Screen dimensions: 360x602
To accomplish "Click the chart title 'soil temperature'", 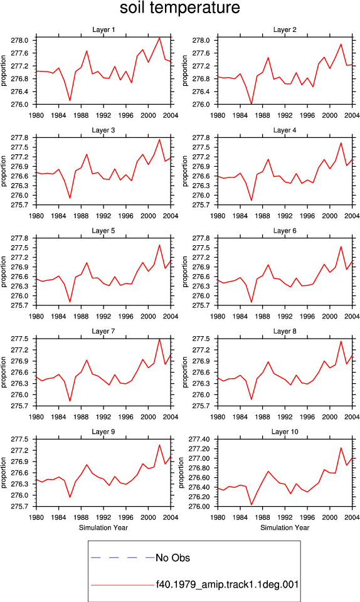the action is click(x=179, y=8).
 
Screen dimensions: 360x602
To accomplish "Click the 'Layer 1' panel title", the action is click(x=103, y=29).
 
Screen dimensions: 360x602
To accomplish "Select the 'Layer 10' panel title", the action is click(x=285, y=431).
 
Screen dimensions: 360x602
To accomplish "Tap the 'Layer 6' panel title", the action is click(x=285, y=230).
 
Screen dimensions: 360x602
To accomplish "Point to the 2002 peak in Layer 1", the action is click(x=160, y=38).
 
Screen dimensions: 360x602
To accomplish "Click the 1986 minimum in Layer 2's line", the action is click(x=251, y=103).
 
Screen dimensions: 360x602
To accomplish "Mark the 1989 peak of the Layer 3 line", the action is click(x=87, y=154).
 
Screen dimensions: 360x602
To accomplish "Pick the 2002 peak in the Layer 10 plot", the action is click(x=341, y=448).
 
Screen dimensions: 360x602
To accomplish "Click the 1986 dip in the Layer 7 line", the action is click(x=70, y=401).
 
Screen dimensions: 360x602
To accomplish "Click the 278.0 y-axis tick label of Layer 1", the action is click(x=19, y=40).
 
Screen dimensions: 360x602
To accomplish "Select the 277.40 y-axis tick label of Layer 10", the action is click(x=198, y=439).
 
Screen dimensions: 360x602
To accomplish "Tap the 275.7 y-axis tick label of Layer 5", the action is click(x=19, y=305).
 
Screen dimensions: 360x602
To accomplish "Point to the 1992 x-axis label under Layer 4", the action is click(x=285, y=216).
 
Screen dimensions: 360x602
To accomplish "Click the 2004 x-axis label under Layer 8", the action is click(x=352, y=417).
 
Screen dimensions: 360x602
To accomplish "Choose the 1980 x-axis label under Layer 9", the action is click(x=36, y=517).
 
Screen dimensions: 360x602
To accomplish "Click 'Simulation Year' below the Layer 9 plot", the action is click(x=103, y=527).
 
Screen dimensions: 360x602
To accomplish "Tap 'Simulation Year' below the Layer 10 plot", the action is click(x=285, y=527).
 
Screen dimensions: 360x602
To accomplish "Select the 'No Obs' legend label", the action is click(x=172, y=558).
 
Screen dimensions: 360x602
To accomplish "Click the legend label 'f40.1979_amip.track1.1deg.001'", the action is click(x=227, y=584).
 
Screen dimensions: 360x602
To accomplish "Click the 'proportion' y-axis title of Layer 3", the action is click(x=4, y=171).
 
